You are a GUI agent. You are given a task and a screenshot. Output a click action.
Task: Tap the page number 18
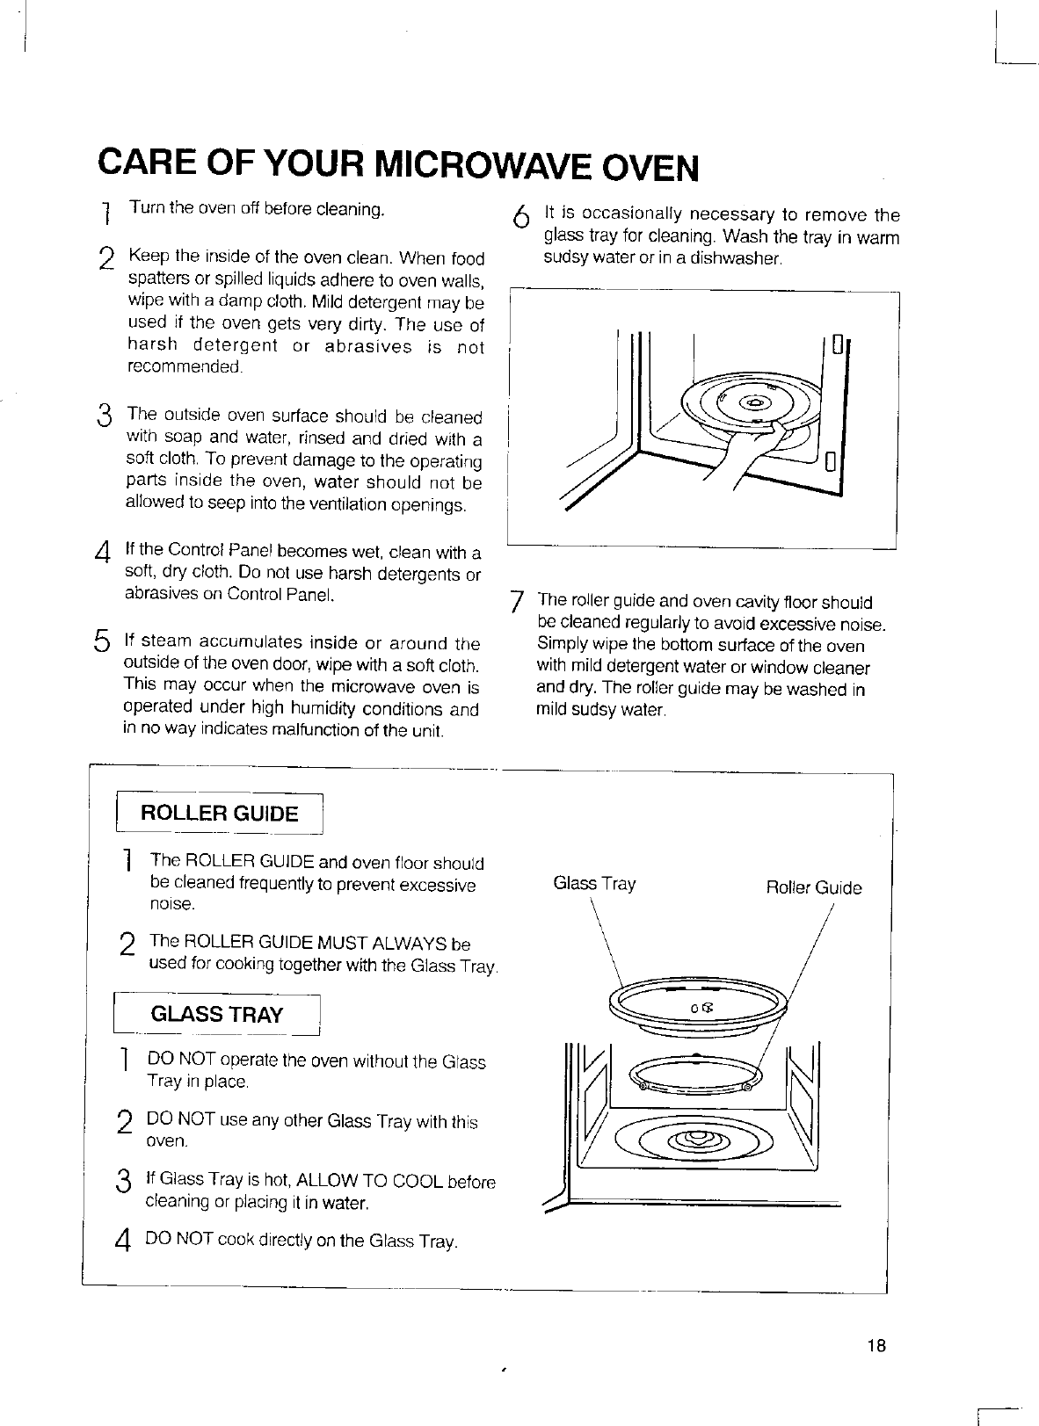click(x=876, y=1346)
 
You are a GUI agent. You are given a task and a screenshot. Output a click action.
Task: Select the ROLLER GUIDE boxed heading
click(x=220, y=813)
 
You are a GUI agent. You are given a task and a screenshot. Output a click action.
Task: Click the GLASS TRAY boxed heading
click(x=217, y=1015)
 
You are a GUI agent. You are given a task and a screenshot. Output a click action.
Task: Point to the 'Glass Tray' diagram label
click(x=594, y=884)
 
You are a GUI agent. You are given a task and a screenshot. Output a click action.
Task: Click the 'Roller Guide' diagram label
click(x=814, y=887)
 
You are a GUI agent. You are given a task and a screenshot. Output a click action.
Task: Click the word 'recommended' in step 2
click(x=185, y=366)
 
